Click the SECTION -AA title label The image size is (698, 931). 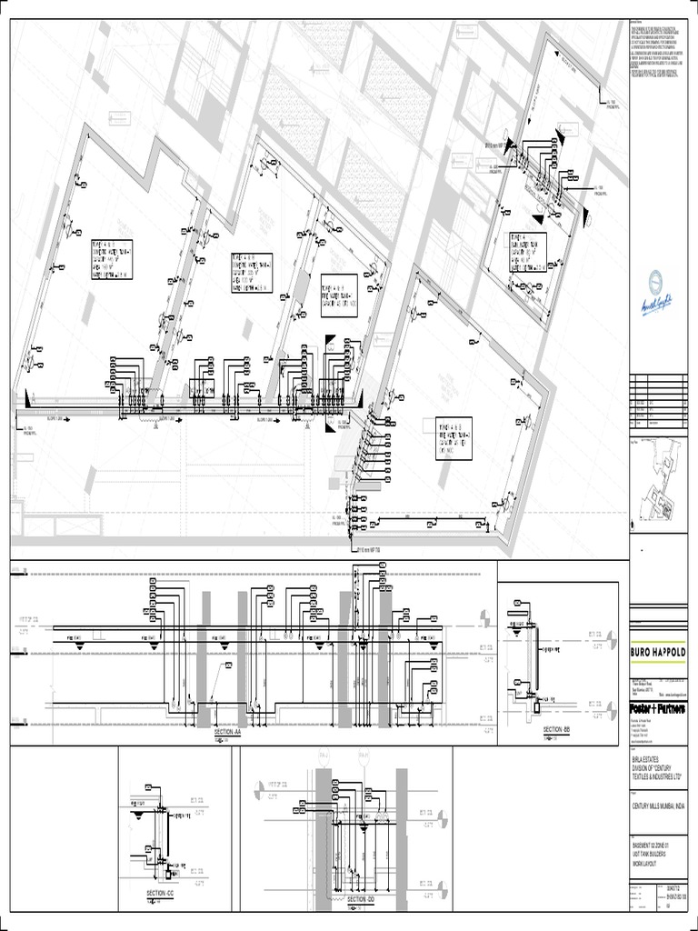227,731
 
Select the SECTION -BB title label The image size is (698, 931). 554,730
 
